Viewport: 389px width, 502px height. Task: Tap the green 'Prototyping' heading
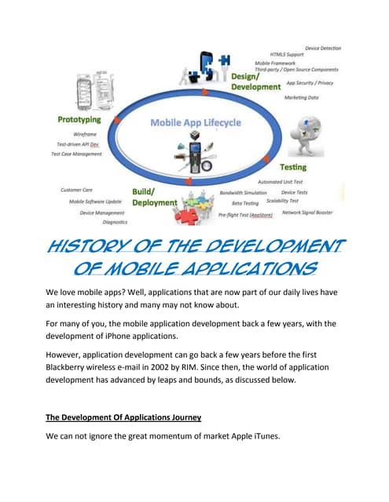78,120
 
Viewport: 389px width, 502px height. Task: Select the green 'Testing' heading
293,167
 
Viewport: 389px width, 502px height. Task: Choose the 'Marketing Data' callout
302,97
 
